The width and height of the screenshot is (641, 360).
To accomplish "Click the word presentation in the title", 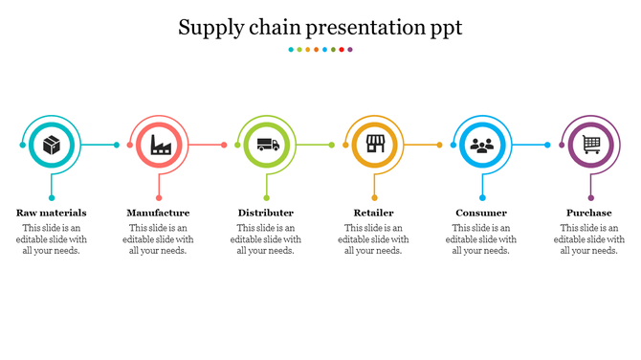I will coord(368,28).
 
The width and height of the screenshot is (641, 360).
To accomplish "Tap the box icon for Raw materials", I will coord(52,146).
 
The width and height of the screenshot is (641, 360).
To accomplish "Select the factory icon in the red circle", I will coord(159,146).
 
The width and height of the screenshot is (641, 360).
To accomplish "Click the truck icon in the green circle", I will coord(267,146).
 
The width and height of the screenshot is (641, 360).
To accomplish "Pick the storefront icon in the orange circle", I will coord(374,146).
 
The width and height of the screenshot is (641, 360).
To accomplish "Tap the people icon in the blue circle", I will coord(482,146).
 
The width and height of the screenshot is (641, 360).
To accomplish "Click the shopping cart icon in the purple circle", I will coord(590,146).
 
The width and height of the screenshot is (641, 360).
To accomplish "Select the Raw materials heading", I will coord(52,213).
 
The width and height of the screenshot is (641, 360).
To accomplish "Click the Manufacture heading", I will coord(158,213).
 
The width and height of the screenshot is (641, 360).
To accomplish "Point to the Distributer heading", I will coord(266,213).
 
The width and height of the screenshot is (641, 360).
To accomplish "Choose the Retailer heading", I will coord(374,213).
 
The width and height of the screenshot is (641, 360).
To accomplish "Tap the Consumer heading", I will coord(481,213).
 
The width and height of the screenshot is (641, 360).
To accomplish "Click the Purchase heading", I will coord(589,213).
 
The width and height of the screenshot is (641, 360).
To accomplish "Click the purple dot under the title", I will coord(350,49).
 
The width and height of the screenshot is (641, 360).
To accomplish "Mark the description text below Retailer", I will coord(374,239).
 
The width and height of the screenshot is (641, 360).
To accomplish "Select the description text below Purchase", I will coord(589,239).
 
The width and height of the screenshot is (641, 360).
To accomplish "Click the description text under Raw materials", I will coord(52,239).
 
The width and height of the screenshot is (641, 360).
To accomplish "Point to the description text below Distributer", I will coord(266,239).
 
